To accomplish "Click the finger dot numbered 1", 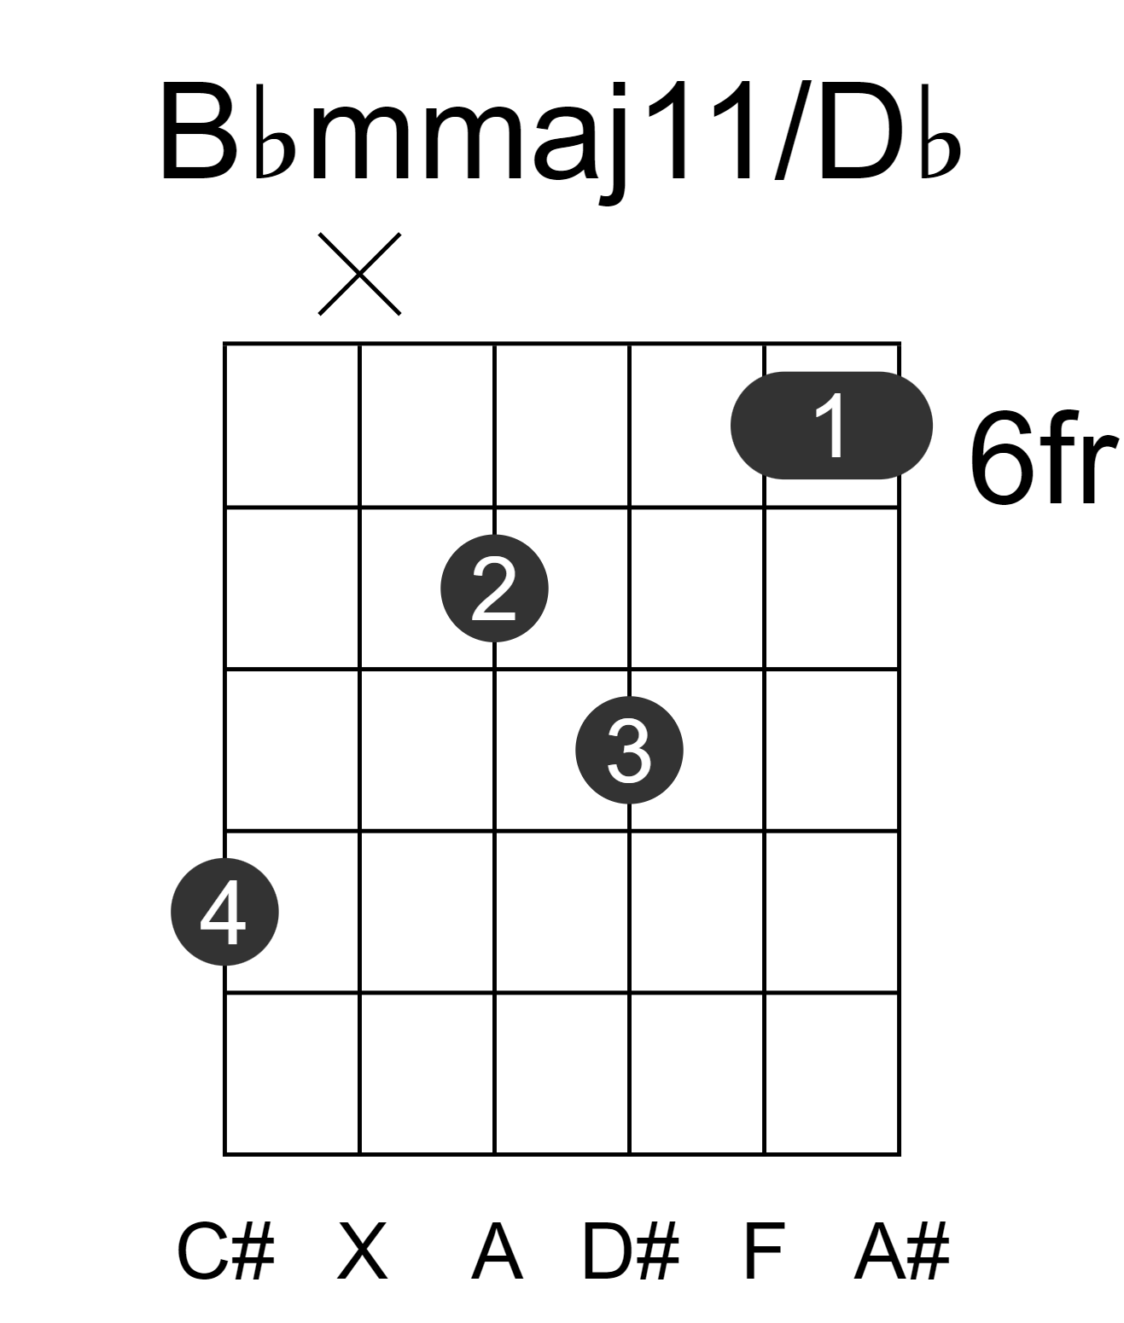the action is click(831, 425).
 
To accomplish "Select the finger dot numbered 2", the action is click(494, 589).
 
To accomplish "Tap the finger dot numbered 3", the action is click(630, 750).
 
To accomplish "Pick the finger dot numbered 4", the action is click(224, 912).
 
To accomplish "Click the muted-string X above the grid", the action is click(360, 274).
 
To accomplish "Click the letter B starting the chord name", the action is click(199, 132).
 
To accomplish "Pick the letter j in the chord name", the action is click(613, 143).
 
